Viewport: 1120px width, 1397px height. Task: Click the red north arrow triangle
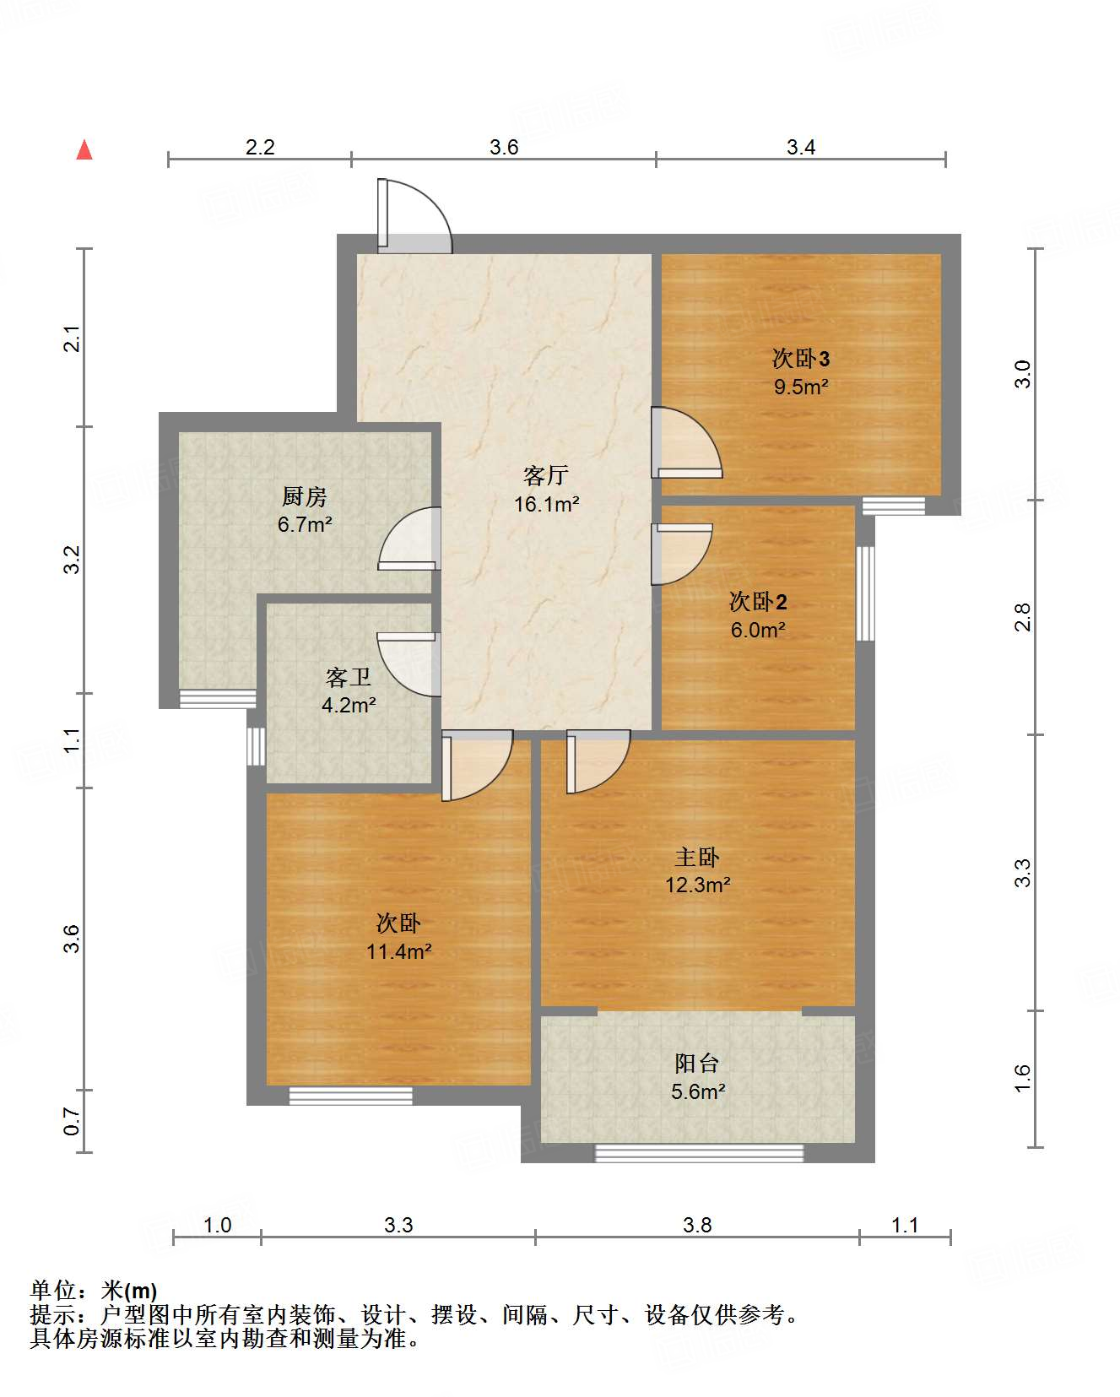point(84,149)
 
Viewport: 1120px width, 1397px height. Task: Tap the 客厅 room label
point(545,476)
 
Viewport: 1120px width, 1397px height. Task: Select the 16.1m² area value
point(546,504)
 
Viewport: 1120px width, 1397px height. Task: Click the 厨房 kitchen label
point(304,496)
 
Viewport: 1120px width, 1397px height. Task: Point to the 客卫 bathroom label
point(348,677)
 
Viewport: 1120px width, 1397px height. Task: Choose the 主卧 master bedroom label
point(697,857)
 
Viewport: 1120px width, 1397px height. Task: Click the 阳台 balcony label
point(697,1064)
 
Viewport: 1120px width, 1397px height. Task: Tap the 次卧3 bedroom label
point(800,359)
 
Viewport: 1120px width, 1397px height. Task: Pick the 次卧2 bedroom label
point(758,602)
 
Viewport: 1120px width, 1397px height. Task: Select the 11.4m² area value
point(398,951)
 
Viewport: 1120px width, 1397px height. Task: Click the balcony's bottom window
point(699,1153)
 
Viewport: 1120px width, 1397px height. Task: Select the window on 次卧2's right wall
point(865,593)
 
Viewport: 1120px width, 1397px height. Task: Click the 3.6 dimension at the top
point(504,148)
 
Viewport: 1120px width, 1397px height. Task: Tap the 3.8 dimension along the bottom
point(697,1225)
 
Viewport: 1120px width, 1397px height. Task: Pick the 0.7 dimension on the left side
point(72,1122)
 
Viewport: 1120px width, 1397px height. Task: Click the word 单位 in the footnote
point(53,1290)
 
